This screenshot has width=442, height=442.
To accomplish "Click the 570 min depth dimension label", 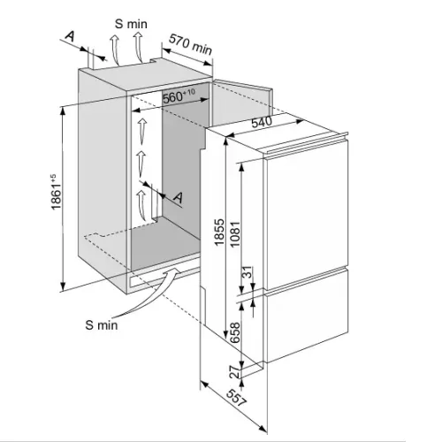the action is pyautogui.click(x=191, y=44).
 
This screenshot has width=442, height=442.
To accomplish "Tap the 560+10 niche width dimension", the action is pyautogui.click(x=179, y=95).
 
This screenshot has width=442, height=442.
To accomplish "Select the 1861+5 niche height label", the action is pyautogui.click(x=56, y=192).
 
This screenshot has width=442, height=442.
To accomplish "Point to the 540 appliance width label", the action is pyautogui.click(x=262, y=122).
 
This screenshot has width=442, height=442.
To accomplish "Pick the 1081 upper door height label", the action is pyautogui.click(x=235, y=234).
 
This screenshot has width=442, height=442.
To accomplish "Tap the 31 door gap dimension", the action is pyautogui.click(x=248, y=271).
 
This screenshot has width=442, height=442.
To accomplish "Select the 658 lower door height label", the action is pyautogui.click(x=235, y=332).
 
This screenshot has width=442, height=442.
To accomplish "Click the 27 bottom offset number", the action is pyautogui.click(x=235, y=372).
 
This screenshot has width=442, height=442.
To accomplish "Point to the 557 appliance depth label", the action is pyautogui.click(x=236, y=398).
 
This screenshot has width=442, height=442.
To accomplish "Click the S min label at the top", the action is pyautogui.click(x=131, y=24).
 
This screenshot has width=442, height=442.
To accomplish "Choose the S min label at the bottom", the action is pyautogui.click(x=102, y=325).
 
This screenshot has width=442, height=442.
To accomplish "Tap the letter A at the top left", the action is pyautogui.click(x=70, y=36).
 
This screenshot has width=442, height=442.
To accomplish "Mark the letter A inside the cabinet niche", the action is pyautogui.click(x=178, y=198).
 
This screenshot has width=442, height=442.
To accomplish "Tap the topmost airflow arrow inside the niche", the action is pyautogui.click(x=142, y=130).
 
